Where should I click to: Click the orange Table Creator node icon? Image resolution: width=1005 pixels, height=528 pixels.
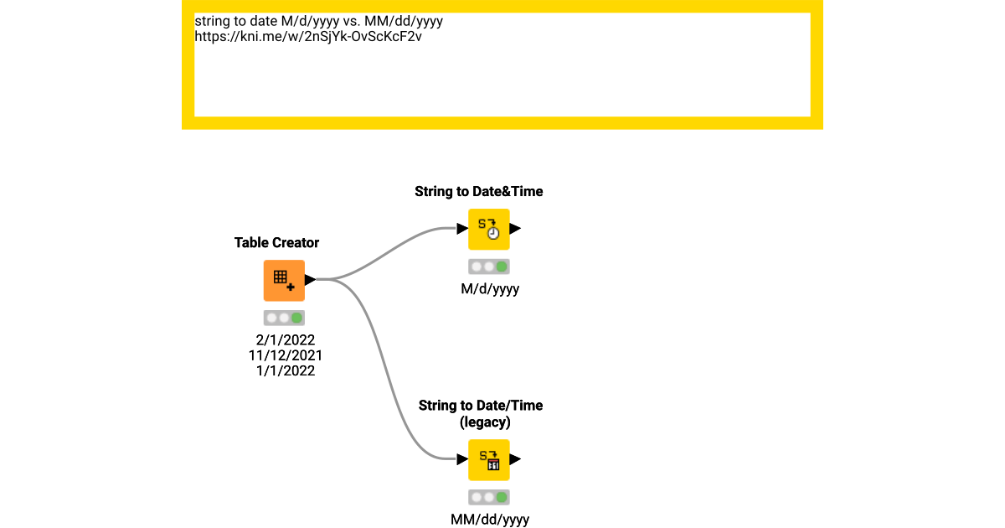click(284, 281)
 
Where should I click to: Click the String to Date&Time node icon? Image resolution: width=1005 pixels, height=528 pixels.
click(488, 229)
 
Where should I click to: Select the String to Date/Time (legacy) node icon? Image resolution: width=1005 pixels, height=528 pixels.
click(488, 459)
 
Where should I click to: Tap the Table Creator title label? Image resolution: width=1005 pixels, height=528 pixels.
click(276, 242)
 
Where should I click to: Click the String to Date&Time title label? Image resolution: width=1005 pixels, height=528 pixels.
click(479, 191)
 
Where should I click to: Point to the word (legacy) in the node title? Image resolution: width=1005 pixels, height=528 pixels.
click(486, 422)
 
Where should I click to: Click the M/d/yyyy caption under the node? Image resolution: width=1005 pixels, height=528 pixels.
click(490, 289)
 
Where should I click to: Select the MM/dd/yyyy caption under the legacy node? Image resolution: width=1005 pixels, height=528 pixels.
click(490, 520)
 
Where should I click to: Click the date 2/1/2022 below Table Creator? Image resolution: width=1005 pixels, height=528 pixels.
click(286, 340)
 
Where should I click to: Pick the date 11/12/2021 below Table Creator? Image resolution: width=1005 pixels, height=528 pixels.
click(286, 355)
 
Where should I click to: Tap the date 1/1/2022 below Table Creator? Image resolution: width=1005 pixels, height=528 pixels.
click(286, 370)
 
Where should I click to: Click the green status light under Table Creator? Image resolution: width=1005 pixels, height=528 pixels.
click(296, 318)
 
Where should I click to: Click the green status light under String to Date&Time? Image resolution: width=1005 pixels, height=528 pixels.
click(502, 267)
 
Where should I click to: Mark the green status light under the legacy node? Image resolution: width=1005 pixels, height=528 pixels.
click(502, 497)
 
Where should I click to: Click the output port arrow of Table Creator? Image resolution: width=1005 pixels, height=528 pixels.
click(310, 280)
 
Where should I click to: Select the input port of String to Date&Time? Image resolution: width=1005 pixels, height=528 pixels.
click(462, 228)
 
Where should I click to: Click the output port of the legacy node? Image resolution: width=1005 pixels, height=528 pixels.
click(515, 459)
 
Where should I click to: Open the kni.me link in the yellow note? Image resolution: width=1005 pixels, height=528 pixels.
click(307, 36)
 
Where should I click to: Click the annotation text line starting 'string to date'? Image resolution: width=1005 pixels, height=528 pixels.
click(318, 20)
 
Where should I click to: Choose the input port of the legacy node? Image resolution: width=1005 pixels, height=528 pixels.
click(462, 459)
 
